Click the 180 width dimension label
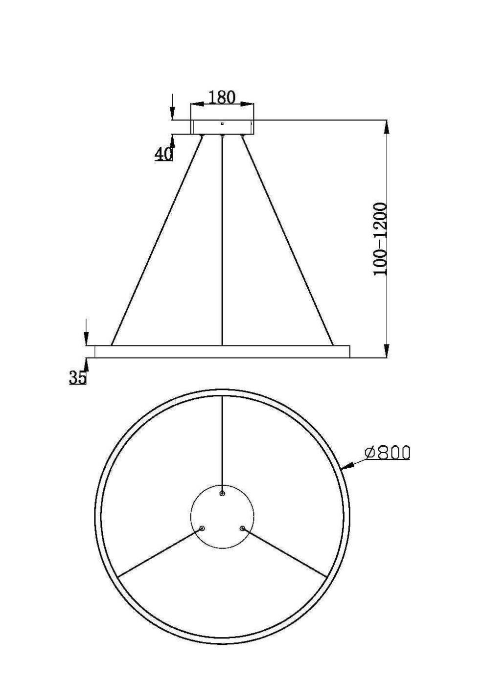pyautogui.click(x=222, y=97)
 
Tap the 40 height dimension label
pyautogui.click(x=164, y=154)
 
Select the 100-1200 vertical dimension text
pyautogui.click(x=381, y=239)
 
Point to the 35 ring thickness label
pyautogui.click(x=77, y=378)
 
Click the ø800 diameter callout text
pyautogui.click(x=388, y=453)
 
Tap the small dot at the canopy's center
pyautogui.click(x=222, y=123)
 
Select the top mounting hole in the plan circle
pyautogui.click(x=222, y=494)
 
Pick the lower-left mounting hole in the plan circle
pyautogui.click(x=202, y=528)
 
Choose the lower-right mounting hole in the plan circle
pyautogui.click(x=242, y=528)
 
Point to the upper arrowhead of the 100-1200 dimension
pyautogui.click(x=386, y=127)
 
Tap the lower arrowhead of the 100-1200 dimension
pyautogui.click(x=386, y=350)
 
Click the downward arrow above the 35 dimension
pyautogui.click(x=86, y=338)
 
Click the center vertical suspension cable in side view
pyautogui.click(x=222, y=240)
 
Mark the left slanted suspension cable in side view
pyautogui.click(x=157, y=240)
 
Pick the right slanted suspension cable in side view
pyautogui.click(x=288, y=240)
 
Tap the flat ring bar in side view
pyautogui.click(x=222, y=351)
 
